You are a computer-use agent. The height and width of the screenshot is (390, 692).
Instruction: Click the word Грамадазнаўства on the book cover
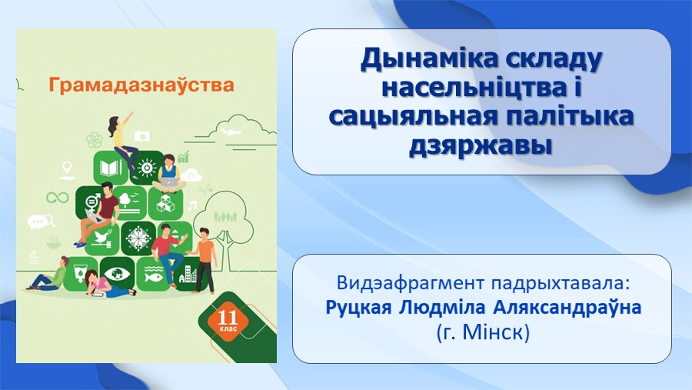pyautogui.click(x=141, y=85)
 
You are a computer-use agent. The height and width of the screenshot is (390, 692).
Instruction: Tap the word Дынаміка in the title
pyautogui.click(x=428, y=60)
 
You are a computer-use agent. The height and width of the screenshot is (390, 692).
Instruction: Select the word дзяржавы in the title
pyautogui.click(x=481, y=145)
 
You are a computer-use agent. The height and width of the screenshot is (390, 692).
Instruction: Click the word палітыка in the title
pyautogui.click(x=570, y=115)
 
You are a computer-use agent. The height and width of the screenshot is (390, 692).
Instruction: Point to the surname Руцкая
pyautogui.click(x=358, y=308)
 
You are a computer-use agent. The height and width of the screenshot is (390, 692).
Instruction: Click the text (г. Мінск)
pyautogui.click(x=483, y=332)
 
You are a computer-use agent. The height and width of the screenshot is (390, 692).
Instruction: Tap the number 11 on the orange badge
pyautogui.click(x=228, y=317)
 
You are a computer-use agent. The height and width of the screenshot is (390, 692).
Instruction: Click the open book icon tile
pyautogui.click(x=109, y=167)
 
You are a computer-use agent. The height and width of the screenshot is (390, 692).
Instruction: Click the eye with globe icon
pyautogui.click(x=118, y=273)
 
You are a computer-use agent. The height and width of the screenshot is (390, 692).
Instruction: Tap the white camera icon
pyautogui.click(x=141, y=135)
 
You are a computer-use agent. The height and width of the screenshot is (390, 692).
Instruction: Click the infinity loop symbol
pyautogui.click(x=58, y=198)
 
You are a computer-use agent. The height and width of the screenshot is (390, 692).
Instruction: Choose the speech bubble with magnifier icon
pyautogui.click(x=42, y=222)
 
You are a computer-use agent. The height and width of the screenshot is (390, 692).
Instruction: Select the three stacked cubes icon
pyautogui.click(x=165, y=203)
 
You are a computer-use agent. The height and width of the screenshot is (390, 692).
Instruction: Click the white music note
pyautogui.click(x=193, y=205)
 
